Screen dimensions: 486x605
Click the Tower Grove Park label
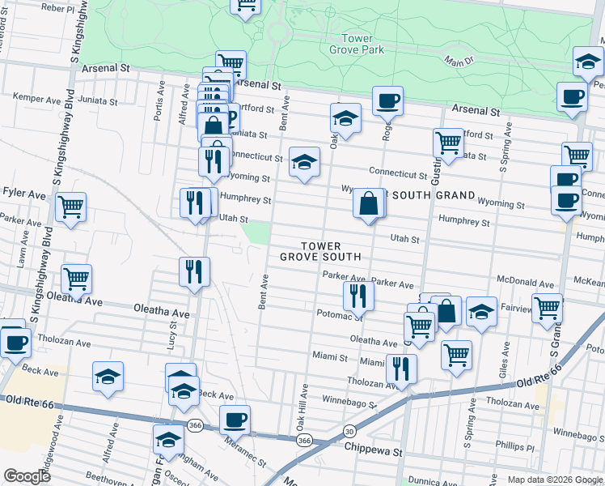click(x=357, y=44)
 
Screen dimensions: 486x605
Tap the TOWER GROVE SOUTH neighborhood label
click(x=320, y=251)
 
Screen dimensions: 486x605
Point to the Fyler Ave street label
click(x=24, y=194)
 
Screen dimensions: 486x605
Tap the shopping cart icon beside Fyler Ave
click(x=71, y=207)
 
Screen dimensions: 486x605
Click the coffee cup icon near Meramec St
click(x=235, y=420)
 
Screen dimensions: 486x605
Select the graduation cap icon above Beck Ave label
click(x=108, y=377)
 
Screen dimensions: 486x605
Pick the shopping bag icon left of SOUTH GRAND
click(x=369, y=203)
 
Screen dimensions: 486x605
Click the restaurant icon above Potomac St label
click(x=357, y=296)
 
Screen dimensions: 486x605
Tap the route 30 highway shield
click(x=348, y=433)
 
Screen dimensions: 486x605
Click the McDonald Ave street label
click(x=526, y=284)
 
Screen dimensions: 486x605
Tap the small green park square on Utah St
click(x=257, y=233)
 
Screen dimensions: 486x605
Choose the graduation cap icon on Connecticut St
click(x=304, y=163)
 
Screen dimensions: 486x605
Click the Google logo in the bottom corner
click(x=27, y=476)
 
